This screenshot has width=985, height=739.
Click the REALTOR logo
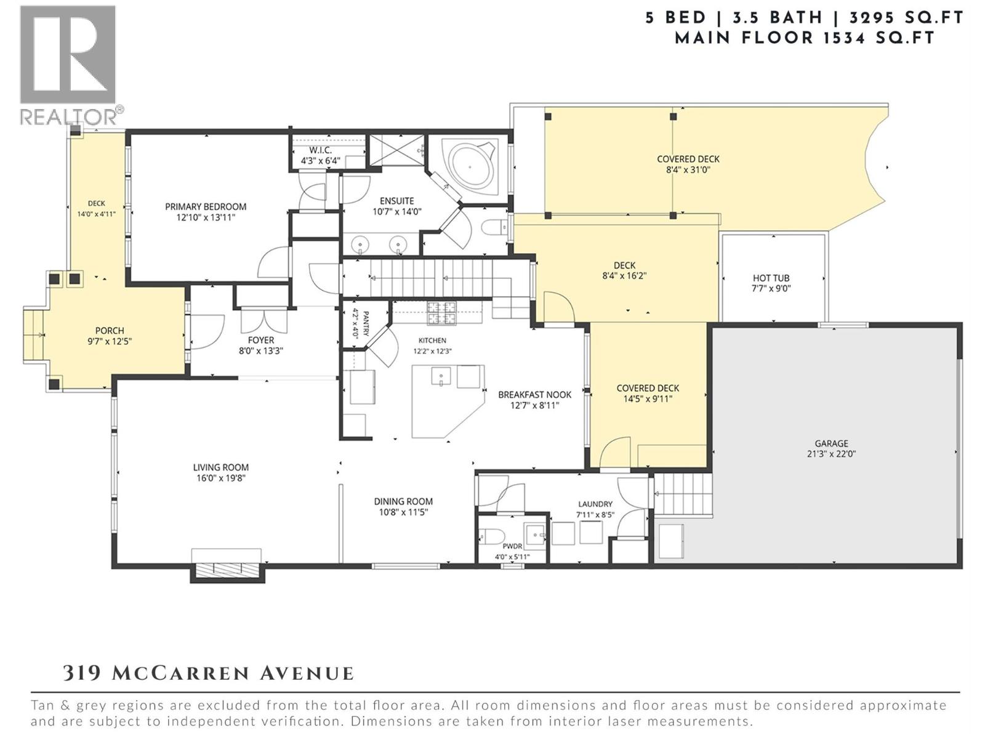(71, 65)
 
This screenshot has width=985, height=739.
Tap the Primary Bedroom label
(206, 207)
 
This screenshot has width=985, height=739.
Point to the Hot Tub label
(771, 278)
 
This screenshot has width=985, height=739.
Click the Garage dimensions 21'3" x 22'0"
(832, 454)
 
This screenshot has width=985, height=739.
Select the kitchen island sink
(441, 376)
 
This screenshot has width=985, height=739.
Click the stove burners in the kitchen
(442, 313)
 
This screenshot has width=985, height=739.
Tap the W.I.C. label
(320, 150)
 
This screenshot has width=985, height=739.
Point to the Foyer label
(261, 341)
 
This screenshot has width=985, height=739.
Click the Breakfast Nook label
(534, 395)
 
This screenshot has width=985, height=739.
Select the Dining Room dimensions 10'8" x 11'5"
(403, 512)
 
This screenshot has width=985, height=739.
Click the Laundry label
(595, 504)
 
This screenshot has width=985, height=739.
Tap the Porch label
(110, 331)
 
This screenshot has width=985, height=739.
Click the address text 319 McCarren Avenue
(208, 674)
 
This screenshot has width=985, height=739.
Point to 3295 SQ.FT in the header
(906, 18)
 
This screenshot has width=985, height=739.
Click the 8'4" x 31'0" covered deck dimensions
(688, 170)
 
